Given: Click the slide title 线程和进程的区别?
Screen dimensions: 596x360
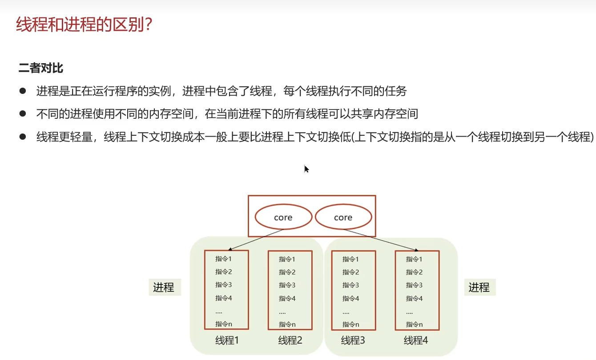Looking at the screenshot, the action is [85, 25].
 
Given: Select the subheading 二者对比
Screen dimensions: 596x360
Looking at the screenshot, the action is [41, 68].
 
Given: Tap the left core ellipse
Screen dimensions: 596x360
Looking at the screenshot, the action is [283, 217].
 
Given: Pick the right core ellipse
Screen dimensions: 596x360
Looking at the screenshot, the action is [343, 217].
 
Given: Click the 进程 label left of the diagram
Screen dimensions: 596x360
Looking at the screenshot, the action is [164, 287].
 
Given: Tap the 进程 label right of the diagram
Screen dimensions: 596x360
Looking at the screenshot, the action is [479, 287].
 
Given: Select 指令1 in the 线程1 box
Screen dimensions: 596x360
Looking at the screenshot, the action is [224, 259].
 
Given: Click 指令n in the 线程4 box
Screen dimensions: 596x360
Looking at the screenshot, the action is [414, 324].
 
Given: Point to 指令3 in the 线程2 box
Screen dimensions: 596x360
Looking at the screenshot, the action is [287, 285].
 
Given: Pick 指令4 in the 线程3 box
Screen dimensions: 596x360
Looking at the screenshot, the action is [350, 298].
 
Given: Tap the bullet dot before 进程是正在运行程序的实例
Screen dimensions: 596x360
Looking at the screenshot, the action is [23, 91].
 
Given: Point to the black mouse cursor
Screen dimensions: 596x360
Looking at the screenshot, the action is [306, 169].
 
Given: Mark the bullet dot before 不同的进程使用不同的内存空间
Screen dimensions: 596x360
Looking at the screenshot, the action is [23, 114].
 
